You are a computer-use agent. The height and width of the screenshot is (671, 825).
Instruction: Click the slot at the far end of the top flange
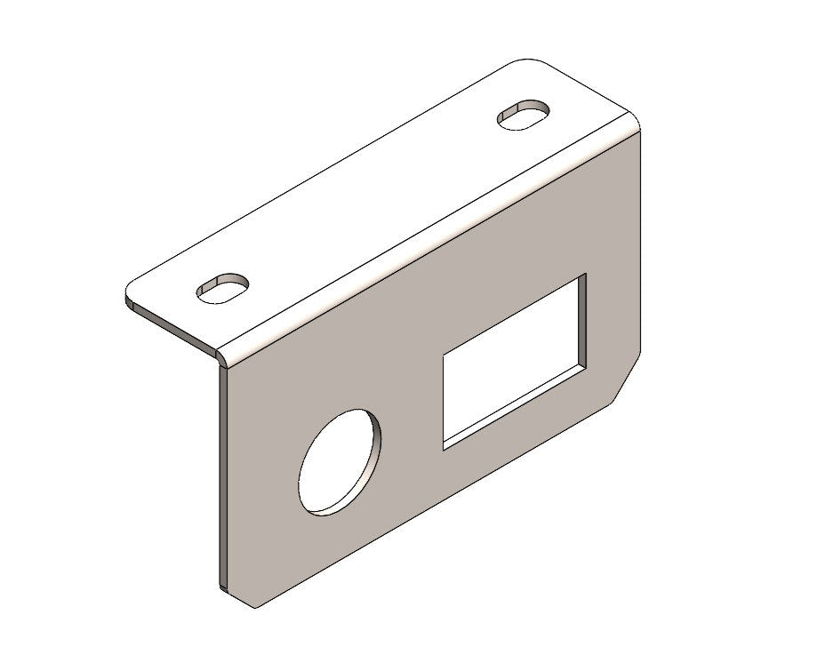click(523, 115)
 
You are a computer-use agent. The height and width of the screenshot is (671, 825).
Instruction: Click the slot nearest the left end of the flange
click(221, 288)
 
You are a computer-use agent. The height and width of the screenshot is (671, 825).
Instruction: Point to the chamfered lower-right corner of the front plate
click(627, 381)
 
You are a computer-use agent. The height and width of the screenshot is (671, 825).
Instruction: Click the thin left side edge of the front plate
click(219, 480)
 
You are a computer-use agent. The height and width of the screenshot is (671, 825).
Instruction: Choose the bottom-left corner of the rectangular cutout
click(444, 447)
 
